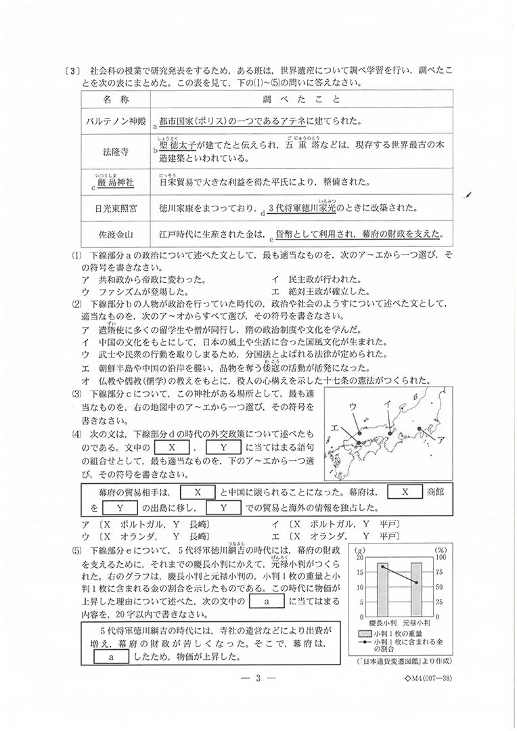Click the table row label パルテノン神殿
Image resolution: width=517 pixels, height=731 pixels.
pos(116,122)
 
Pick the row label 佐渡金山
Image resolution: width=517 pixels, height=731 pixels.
pos(116,235)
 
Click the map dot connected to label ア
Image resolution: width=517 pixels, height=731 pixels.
pos(420,428)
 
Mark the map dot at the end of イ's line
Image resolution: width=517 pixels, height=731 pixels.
pos(392,429)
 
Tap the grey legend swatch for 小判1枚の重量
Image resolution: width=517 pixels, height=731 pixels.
pos(363,634)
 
